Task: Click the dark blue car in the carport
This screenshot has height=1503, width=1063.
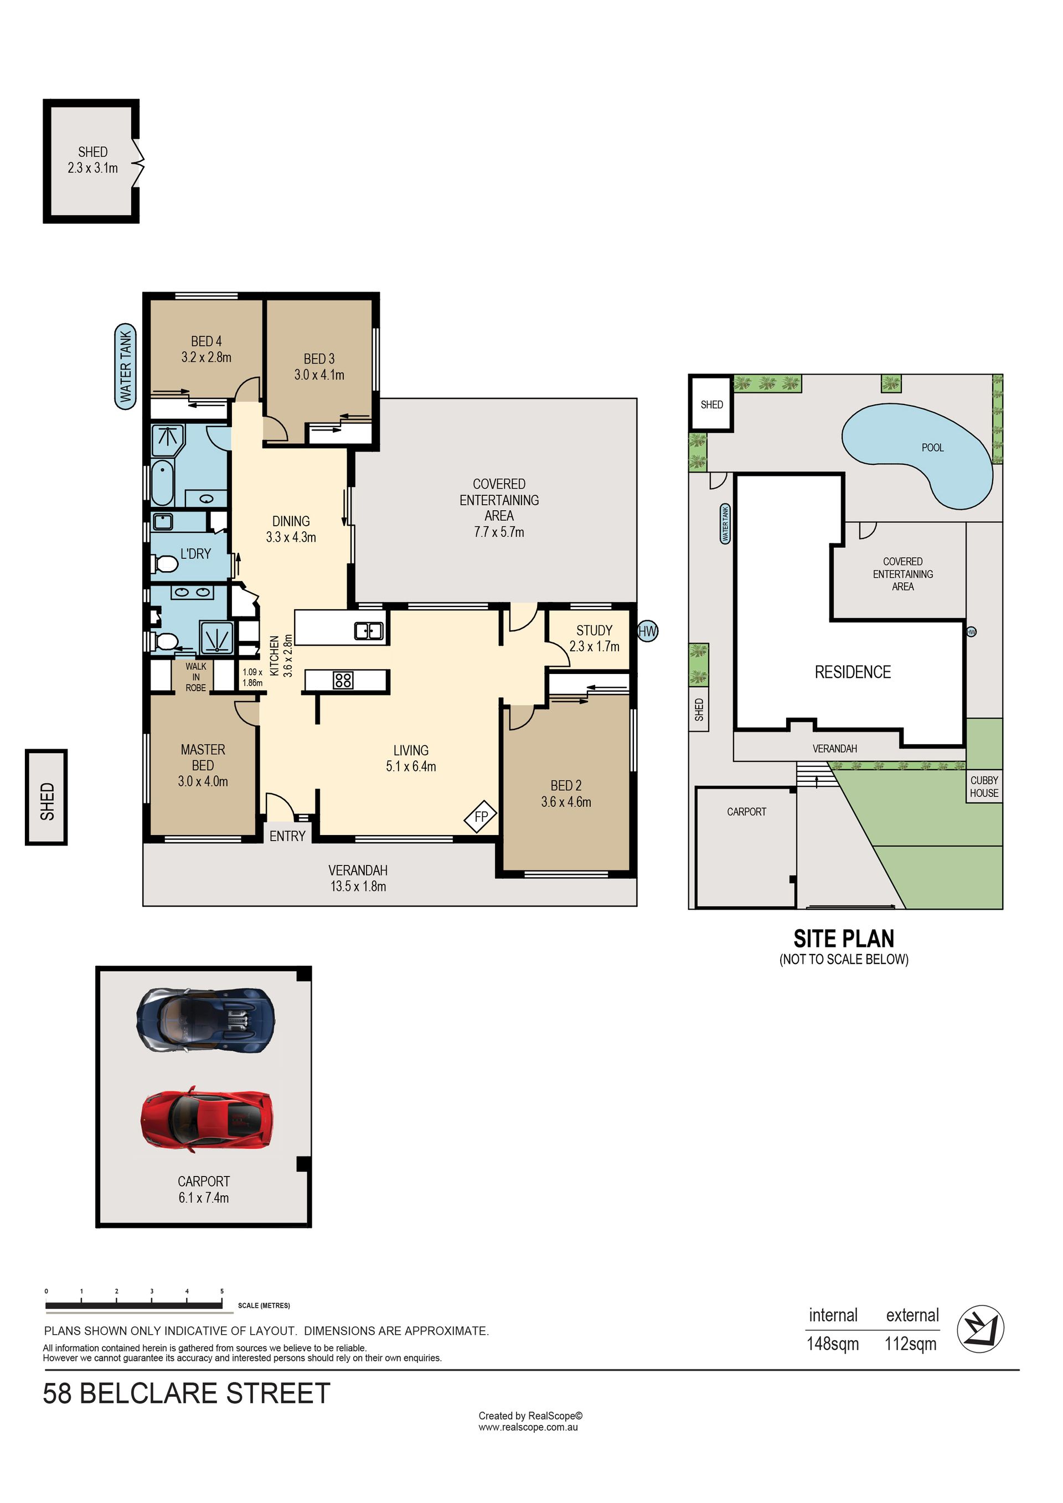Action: pos(205,1020)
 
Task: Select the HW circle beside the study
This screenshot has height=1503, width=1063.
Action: pos(647,631)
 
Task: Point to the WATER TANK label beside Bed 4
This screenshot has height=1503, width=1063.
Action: pos(125,366)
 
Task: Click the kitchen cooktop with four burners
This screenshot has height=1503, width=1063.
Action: pos(343,680)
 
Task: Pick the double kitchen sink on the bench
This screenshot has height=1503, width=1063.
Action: pos(369,630)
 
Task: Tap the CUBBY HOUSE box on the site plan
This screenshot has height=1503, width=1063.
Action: pos(984,786)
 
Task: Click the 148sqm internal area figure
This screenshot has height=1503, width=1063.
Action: pos(833,1344)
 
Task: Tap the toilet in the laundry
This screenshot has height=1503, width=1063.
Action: pos(165,563)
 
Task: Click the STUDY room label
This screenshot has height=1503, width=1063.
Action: pos(594,630)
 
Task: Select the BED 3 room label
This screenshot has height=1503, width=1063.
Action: pos(319,359)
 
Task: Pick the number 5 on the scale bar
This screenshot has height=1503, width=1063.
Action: pos(222,1292)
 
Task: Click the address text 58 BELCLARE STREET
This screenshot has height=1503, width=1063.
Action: pos(187,1393)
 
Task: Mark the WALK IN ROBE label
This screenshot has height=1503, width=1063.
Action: pos(196,677)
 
